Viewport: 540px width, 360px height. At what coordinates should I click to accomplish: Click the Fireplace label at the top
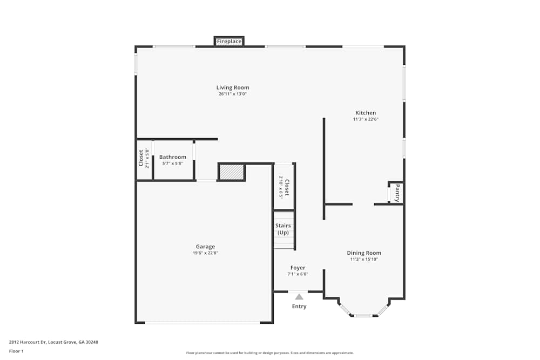coord(229,42)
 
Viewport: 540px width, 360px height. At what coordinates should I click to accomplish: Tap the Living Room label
coord(233,87)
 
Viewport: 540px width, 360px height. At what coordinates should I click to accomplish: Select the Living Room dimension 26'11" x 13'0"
coord(233,94)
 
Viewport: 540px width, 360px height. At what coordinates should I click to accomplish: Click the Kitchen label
coord(366,113)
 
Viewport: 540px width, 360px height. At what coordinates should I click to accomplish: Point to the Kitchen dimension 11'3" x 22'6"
coord(366,119)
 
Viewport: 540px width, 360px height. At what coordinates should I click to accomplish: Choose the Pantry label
coord(397,193)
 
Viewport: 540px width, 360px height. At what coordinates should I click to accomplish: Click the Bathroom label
coord(172,157)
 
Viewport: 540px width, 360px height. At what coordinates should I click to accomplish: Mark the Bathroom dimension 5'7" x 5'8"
coord(173,163)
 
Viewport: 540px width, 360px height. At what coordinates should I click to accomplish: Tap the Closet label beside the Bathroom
coord(141,159)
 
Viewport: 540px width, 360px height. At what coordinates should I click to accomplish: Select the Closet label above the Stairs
coord(287,187)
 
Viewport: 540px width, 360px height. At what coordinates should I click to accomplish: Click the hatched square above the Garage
coord(232,172)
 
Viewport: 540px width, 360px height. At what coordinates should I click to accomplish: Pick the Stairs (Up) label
coord(283,229)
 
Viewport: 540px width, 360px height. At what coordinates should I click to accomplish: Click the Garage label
coord(205,247)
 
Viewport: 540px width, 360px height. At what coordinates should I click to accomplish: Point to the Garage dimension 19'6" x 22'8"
coord(205,253)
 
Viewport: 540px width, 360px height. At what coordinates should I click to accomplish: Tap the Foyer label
coord(298,268)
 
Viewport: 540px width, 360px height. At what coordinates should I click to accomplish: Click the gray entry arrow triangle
coord(299,296)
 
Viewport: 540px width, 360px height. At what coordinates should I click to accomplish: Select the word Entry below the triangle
coord(299,307)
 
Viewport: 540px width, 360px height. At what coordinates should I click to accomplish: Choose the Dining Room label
coord(364,253)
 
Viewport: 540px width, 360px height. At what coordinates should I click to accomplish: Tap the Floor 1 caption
coord(16,351)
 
